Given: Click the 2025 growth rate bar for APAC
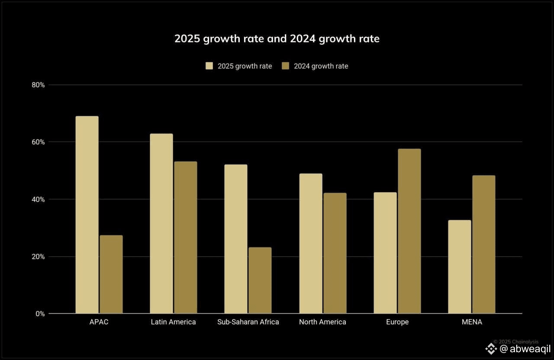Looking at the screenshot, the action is click(87, 215).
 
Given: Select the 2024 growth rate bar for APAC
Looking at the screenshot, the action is click(111, 274).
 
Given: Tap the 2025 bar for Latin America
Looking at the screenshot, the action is click(161, 224).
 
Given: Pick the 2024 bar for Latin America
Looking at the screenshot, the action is click(186, 238).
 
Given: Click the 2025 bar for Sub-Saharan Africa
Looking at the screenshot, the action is click(236, 239).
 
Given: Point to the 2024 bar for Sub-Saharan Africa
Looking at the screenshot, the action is click(260, 280).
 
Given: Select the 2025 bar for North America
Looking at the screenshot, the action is click(311, 244).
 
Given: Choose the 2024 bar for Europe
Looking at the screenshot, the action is click(409, 231).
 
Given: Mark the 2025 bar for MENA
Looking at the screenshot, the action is click(460, 267).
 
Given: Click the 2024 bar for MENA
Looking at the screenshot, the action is click(484, 244).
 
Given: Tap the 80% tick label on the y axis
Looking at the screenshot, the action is click(39, 85).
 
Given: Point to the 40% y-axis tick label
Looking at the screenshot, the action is click(39, 199).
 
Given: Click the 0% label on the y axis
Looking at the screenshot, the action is click(40, 314).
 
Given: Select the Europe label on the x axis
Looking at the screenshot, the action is click(397, 322).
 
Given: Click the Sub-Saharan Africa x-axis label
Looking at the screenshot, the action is click(248, 322).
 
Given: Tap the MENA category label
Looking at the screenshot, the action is click(472, 322).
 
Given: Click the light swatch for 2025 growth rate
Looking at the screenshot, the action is click(209, 66).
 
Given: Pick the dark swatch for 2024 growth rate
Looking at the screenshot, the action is click(285, 66).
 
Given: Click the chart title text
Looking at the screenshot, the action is click(277, 39).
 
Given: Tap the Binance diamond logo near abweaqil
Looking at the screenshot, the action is click(491, 349).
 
